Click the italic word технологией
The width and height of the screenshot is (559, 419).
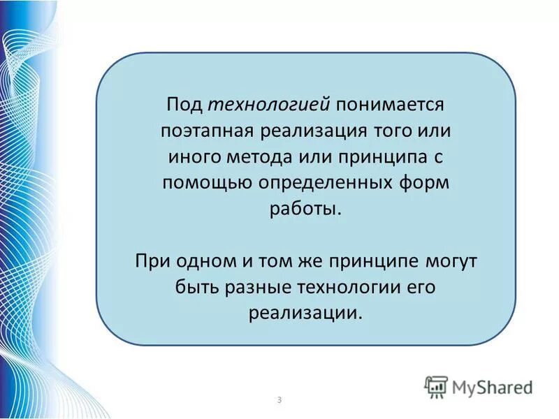pos(269,105)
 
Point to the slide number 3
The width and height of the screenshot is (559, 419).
pos(279,399)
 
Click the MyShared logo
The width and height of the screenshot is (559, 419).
pos(479,387)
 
